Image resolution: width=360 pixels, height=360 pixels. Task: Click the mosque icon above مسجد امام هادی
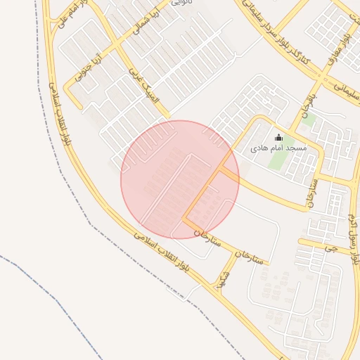(x=278, y=138)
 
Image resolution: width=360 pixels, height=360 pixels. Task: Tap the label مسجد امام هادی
(x=278, y=149)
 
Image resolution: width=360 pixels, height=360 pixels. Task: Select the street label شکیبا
(x=224, y=279)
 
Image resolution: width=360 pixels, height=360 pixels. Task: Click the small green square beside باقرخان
(x=307, y=120)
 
